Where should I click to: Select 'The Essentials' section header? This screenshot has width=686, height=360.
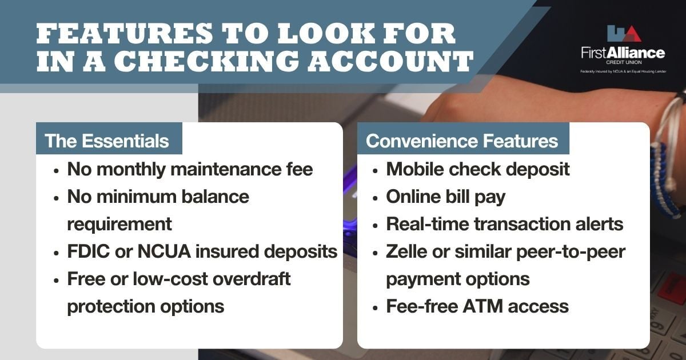point(107,141)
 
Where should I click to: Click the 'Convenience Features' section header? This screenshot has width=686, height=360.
point(462,141)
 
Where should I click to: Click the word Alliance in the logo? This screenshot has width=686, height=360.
point(636,53)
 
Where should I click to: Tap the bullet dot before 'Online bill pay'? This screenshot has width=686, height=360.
point(374,198)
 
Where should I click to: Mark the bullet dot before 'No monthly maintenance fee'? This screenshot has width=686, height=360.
point(55,170)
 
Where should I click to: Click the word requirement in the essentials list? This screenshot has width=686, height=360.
point(119,224)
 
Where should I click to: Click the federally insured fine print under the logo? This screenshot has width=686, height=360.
point(623,71)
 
